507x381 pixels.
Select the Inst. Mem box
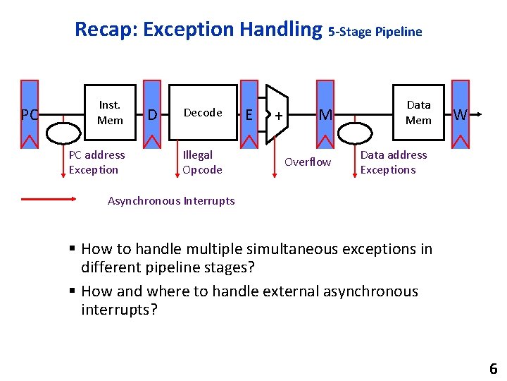(x=110, y=113)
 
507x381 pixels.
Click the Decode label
(x=203, y=113)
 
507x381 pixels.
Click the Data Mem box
(x=418, y=113)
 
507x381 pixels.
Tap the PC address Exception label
(x=97, y=162)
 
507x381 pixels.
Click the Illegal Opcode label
(x=202, y=162)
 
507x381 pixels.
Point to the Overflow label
(x=308, y=162)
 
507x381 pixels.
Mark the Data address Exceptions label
(x=393, y=162)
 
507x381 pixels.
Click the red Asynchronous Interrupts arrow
(x=48, y=200)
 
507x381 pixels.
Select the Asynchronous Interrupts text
(x=171, y=201)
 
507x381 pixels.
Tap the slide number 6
(x=493, y=368)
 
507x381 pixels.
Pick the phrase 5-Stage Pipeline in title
(x=375, y=32)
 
